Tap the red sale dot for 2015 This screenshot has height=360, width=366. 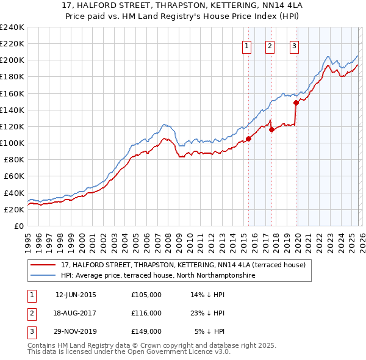tap(248, 139)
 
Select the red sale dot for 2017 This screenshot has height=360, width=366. tap(271, 129)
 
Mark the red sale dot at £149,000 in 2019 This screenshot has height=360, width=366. tap(296, 103)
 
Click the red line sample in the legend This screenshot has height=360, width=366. tap(43, 265)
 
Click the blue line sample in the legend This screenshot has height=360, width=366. tap(43, 276)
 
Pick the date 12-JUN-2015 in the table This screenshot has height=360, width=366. tap(76, 295)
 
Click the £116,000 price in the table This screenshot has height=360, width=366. tap(146, 313)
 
